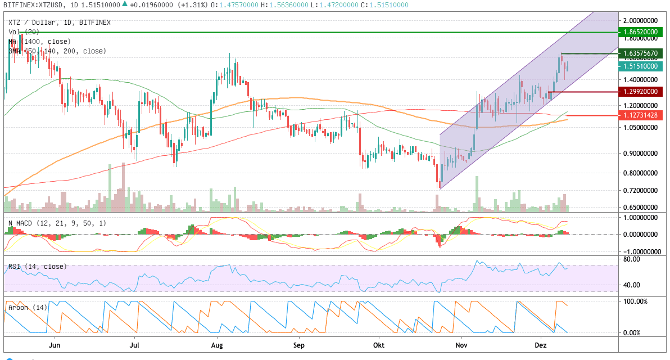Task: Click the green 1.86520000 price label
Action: [640, 33]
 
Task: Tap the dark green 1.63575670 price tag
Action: [640, 53]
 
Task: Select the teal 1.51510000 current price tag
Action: [640, 66]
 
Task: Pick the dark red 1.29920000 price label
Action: [640, 91]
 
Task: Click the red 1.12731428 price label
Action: [640, 115]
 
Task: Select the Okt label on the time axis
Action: [379, 345]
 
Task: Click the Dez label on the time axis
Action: [540, 345]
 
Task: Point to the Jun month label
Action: [55, 345]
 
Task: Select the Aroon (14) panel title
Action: [28, 308]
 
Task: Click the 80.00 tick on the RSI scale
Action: [632, 259]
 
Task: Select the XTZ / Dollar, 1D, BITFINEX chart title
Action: [60, 22]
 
